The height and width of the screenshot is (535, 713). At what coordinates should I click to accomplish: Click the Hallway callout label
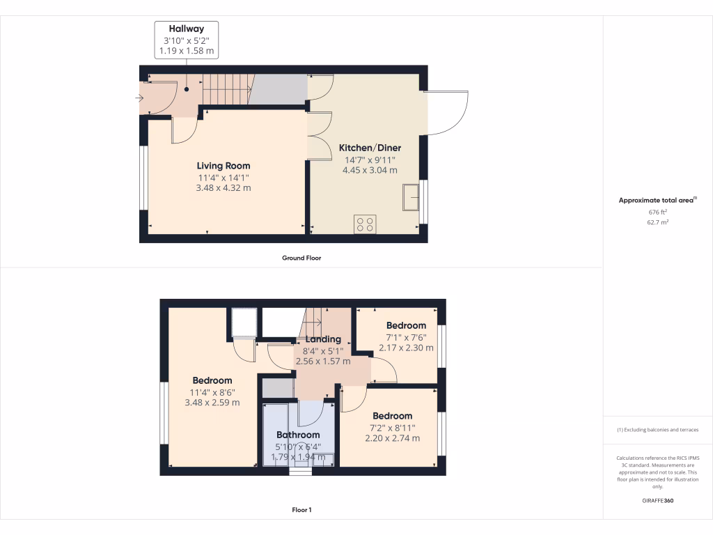187,40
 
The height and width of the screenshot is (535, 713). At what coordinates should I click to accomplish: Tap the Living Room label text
223,166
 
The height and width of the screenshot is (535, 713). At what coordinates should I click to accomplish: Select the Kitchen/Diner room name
370,148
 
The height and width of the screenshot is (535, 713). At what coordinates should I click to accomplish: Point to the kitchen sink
411,197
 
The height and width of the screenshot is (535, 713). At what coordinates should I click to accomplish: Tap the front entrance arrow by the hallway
140,98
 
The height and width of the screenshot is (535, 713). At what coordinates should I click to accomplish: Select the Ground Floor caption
301,258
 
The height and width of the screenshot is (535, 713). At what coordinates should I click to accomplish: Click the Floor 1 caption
301,510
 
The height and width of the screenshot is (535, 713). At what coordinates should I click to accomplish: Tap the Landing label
323,339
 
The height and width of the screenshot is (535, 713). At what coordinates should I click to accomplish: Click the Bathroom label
297,435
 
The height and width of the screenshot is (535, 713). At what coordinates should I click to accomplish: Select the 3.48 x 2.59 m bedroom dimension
212,403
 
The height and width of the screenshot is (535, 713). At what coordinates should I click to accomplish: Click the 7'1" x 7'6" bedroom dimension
406,336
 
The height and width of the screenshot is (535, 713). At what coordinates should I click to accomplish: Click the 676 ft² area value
657,212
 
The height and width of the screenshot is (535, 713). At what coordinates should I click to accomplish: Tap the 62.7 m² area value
657,222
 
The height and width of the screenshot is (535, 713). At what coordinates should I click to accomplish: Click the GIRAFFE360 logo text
657,501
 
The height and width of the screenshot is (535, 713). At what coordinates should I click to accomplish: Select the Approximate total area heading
657,200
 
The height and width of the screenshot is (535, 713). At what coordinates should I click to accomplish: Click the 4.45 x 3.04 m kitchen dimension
370,170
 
